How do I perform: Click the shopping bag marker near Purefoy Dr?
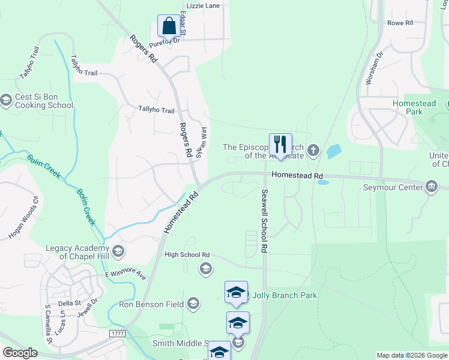tap(169, 26)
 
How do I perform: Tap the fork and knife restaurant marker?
tap(280, 145)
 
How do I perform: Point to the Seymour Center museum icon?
tap(431, 187)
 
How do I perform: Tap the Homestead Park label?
tap(414, 107)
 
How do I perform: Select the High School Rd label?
tap(187, 254)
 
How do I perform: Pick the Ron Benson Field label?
tap(151, 304)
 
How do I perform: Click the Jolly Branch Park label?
tap(284, 295)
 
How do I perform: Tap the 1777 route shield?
tap(117, 332)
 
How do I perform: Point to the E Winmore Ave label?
tap(125, 274)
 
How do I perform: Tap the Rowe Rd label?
tap(400, 23)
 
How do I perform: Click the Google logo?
tap(20, 353)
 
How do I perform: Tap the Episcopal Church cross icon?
tap(313, 151)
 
